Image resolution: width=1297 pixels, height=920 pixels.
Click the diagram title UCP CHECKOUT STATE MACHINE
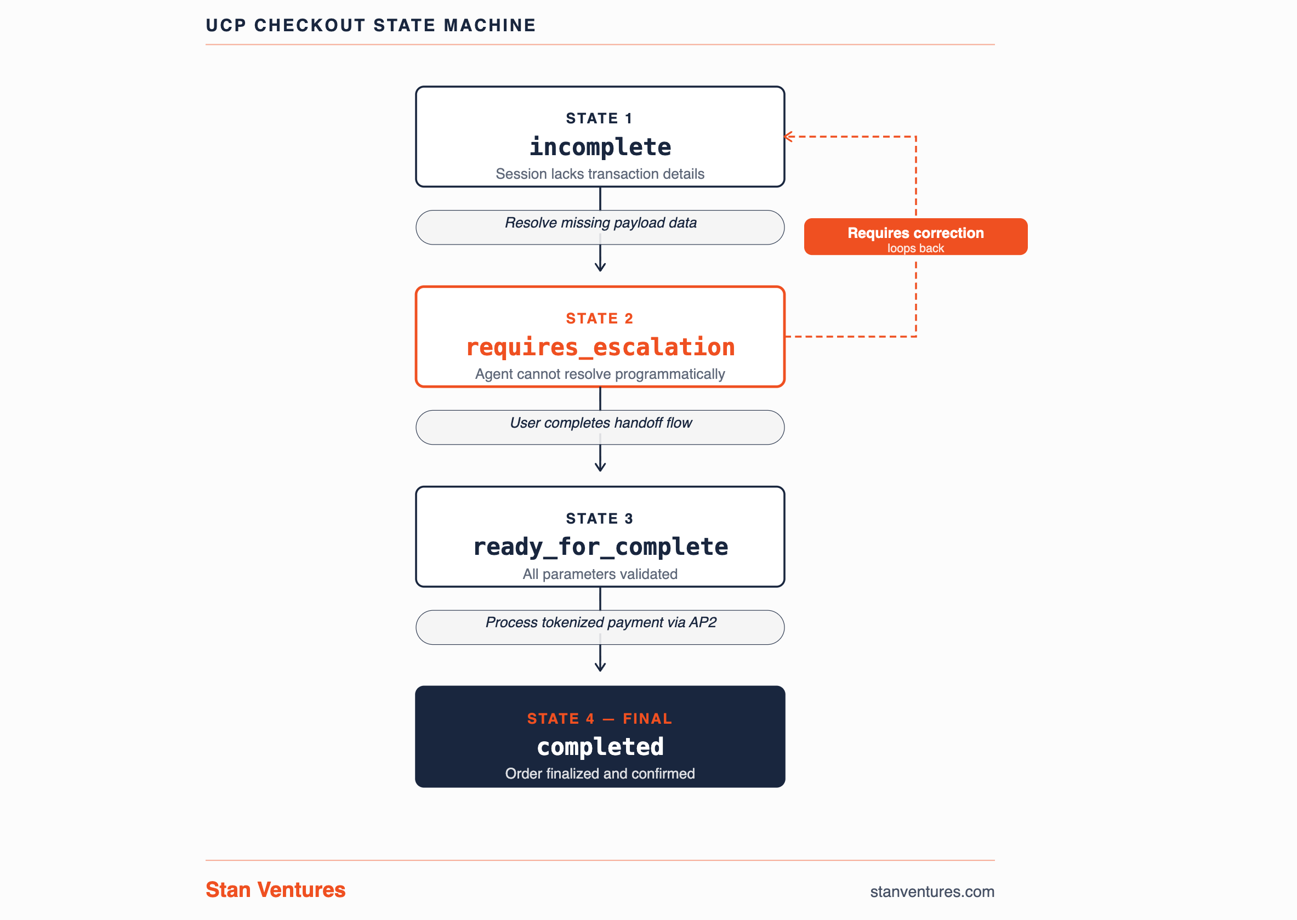point(371,25)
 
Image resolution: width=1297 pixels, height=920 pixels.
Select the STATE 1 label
point(599,118)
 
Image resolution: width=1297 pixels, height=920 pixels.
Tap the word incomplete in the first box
point(600,147)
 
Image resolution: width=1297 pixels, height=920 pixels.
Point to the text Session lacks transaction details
point(600,174)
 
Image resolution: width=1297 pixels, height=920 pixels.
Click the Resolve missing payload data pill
point(600,228)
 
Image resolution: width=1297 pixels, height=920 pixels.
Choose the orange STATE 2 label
point(599,319)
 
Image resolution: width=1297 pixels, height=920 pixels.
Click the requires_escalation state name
point(600,347)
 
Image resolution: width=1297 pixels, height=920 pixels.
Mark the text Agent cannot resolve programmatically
point(600,374)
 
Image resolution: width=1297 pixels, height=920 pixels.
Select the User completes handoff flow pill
point(600,427)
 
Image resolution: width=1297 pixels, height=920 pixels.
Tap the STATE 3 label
point(599,518)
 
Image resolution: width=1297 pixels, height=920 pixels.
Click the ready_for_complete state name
point(600,547)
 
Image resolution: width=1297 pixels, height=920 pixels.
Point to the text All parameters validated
point(600,574)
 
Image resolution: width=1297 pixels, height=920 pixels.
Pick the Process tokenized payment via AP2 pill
point(600,627)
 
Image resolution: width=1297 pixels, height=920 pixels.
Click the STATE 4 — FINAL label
point(599,718)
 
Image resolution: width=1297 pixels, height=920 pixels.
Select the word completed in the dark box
point(600,747)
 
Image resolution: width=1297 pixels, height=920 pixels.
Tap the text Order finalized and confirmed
point(600,773)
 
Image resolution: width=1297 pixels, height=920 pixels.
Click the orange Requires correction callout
point(915,237)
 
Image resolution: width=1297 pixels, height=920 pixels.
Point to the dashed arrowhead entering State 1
point(787,137)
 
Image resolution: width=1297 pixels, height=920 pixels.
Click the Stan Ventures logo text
point(275,890)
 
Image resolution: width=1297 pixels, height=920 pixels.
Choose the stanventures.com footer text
point(932,891)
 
